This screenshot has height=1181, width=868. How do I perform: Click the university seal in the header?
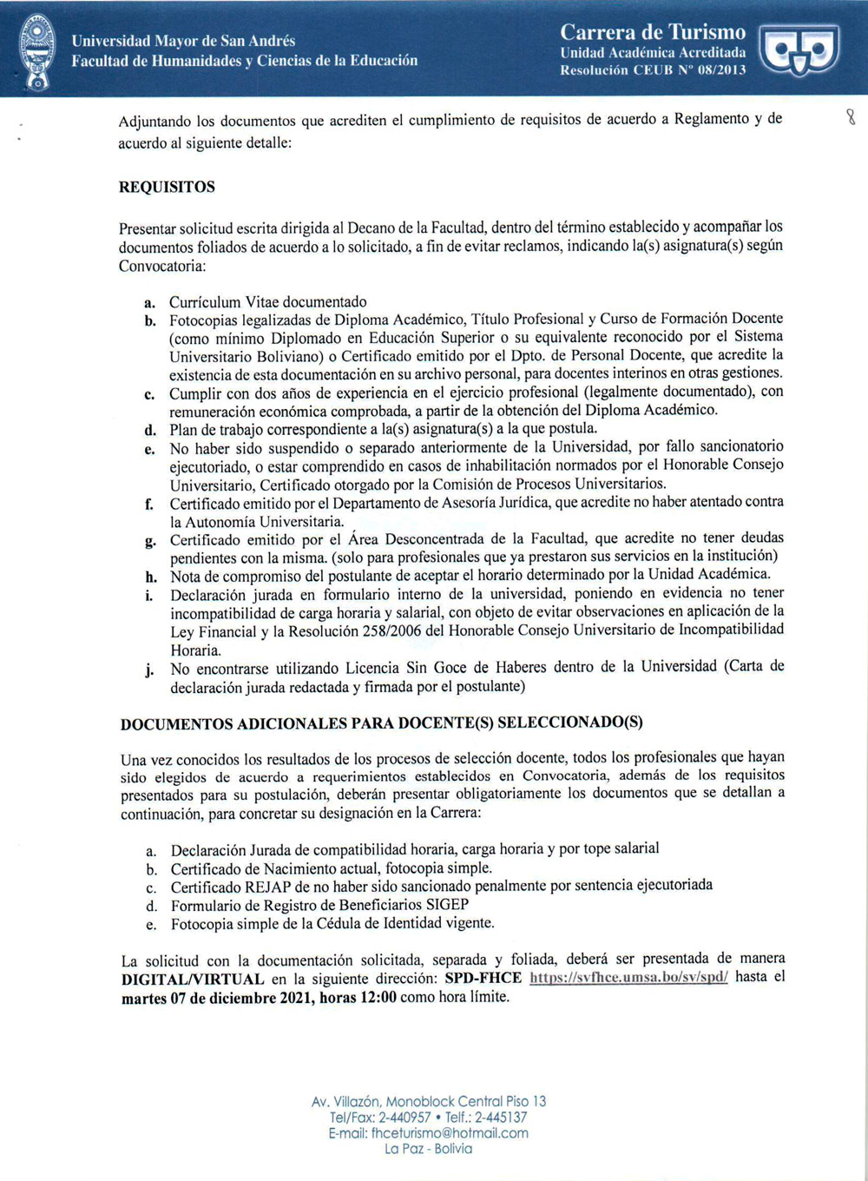point(36,51)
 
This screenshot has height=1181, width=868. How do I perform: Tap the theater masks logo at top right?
point(799,49)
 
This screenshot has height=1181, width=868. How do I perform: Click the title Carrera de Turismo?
point(653,32)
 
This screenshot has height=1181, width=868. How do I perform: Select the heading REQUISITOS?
point(167,187)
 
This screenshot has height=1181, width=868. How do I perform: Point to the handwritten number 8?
point(851,116)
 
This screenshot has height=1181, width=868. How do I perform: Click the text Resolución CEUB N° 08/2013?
point(653,70)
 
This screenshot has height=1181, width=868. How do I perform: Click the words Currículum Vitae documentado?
point(267,301)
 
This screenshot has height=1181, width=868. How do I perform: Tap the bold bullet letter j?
point(150,669)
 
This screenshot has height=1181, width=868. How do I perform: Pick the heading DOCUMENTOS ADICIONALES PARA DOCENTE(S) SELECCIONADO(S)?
point(382,722)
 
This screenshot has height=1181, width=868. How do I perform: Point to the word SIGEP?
point(447,904)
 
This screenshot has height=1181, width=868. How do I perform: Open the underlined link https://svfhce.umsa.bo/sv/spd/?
point(628,977)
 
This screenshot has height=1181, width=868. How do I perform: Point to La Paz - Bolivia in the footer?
point(429,1149)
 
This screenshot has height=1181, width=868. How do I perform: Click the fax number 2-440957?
point(404,1118)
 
